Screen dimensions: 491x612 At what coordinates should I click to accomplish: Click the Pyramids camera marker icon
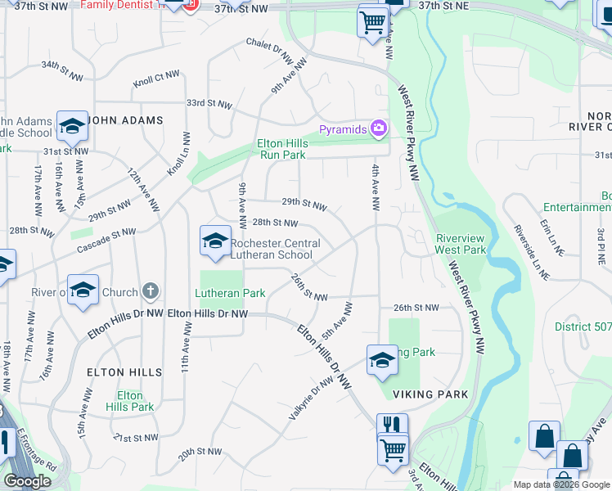pos(379,128)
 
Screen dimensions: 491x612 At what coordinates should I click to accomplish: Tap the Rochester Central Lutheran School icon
pos(215,241)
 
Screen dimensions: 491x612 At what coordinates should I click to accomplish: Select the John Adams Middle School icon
pos(72,125)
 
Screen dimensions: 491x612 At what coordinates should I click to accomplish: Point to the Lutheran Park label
pos(230,292)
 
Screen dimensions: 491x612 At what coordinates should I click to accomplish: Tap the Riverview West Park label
pos(459,243)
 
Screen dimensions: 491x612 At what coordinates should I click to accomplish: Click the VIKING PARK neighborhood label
pos(430,394)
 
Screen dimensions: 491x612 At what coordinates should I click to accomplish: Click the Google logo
pos(27,481)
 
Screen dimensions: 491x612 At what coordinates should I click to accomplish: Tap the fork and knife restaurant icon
pos(392,426)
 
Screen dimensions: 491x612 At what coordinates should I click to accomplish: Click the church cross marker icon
pos(150,291)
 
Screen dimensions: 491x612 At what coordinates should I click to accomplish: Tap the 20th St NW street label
pos(200,451)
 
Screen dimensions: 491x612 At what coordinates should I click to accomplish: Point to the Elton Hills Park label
pos(130,401)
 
